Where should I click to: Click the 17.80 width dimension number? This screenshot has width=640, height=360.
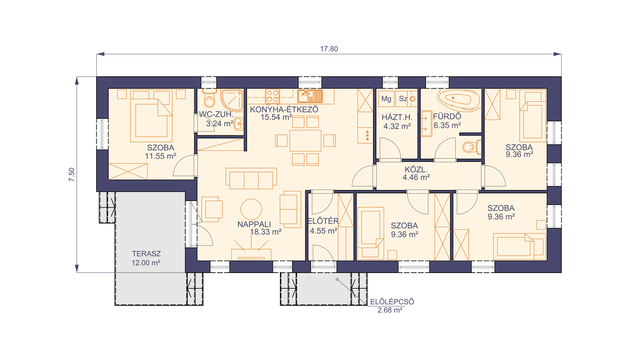(329, 49)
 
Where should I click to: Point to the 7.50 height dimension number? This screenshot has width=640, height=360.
(72, 174)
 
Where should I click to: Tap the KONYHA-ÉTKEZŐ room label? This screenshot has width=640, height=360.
(284, 109)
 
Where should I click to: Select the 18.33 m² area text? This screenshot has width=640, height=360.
(266, 232)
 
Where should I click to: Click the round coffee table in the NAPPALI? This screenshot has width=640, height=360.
(251, 209)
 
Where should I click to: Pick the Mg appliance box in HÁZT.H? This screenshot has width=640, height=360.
(386, 99)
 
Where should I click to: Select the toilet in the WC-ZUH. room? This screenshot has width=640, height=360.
(209, 98)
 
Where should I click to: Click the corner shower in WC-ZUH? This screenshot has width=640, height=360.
(232, 100)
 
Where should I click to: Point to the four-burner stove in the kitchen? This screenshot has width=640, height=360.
(272, 96)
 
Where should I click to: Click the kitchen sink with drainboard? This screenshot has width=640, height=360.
(310, 96)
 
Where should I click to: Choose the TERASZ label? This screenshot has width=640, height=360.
(146, 254)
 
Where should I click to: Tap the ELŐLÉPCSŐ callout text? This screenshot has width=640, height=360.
(392, 302)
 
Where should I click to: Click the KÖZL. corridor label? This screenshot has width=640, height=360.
(416, 170)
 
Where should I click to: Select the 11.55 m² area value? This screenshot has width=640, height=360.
(160, 156)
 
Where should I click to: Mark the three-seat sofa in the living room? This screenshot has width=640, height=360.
(251, 179)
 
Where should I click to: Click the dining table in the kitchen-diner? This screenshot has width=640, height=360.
(305, 141)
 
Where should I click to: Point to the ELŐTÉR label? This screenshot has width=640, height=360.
(323, 221)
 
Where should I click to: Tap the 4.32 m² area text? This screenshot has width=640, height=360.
(397, 126)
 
